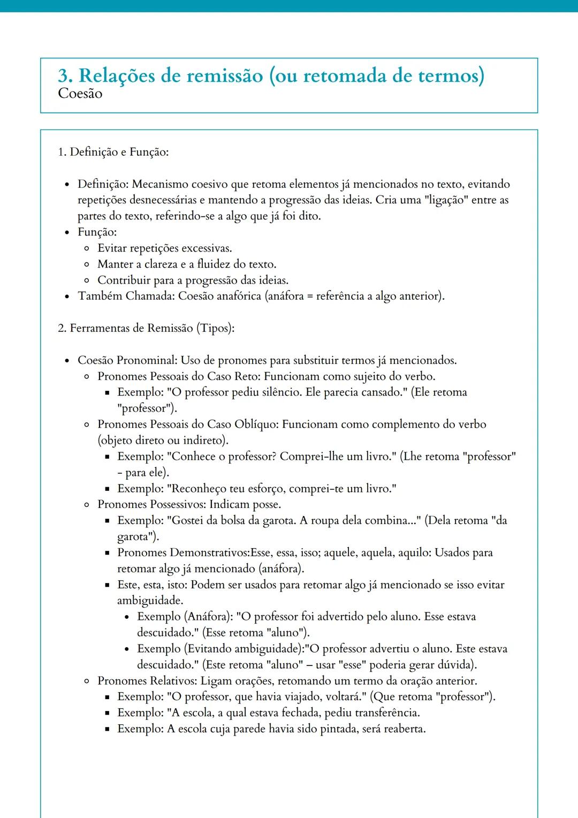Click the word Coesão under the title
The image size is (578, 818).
80,94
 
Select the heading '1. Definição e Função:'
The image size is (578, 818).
113,152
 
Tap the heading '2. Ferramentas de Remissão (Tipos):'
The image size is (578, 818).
146,328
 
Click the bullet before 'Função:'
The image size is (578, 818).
67,233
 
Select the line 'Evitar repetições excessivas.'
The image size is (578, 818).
164,248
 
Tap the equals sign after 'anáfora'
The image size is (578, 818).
310,297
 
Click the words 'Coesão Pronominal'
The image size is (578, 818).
127,360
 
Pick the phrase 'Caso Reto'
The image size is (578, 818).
233,376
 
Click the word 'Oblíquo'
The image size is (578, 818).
255,425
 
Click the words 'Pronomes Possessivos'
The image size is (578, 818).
151,504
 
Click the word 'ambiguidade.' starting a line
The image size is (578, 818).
150,601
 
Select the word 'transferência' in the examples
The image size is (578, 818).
386,713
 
